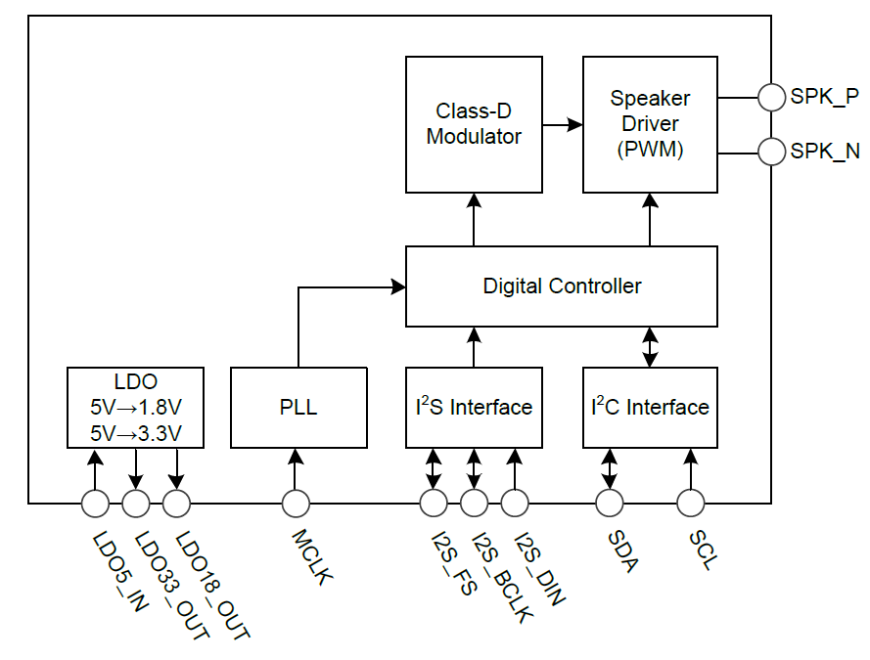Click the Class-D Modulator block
(474, 124)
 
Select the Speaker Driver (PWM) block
(650, 124)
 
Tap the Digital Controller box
(562, 286)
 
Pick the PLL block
(298, 407)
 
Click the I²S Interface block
(474, 407)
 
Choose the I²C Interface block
(650, 407)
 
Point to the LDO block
(135, 407)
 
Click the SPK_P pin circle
(773, 97)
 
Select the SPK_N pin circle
(773, 153)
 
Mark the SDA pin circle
(610, 504)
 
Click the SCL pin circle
(691, 504)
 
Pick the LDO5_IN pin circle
(95, 504)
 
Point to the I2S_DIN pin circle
(515, 504)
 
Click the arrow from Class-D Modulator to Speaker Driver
(562, 124)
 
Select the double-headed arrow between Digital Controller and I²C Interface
(650, 347)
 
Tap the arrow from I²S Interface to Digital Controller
(474, 347)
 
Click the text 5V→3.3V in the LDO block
(135, 431)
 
